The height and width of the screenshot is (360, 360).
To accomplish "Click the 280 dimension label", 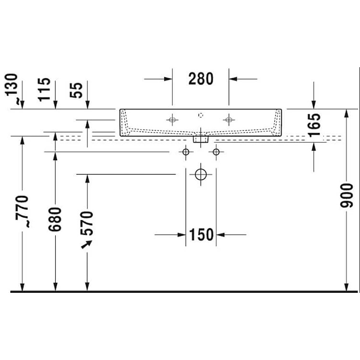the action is point(201,79).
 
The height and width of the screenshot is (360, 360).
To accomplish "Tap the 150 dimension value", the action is point(201,235).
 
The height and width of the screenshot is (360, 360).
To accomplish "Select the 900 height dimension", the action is point(346,196).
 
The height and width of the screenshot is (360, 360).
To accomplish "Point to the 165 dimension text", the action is point(314,125).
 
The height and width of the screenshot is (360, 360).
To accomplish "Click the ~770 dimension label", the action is point(22,211).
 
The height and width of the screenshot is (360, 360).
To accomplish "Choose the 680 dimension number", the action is point(55,219).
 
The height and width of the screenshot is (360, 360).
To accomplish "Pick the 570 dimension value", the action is point(87,223).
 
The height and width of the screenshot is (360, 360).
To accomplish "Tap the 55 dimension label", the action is point(76,90).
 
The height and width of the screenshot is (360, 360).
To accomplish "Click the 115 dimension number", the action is point(44,90).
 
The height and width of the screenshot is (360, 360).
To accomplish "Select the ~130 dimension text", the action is point(12,88).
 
